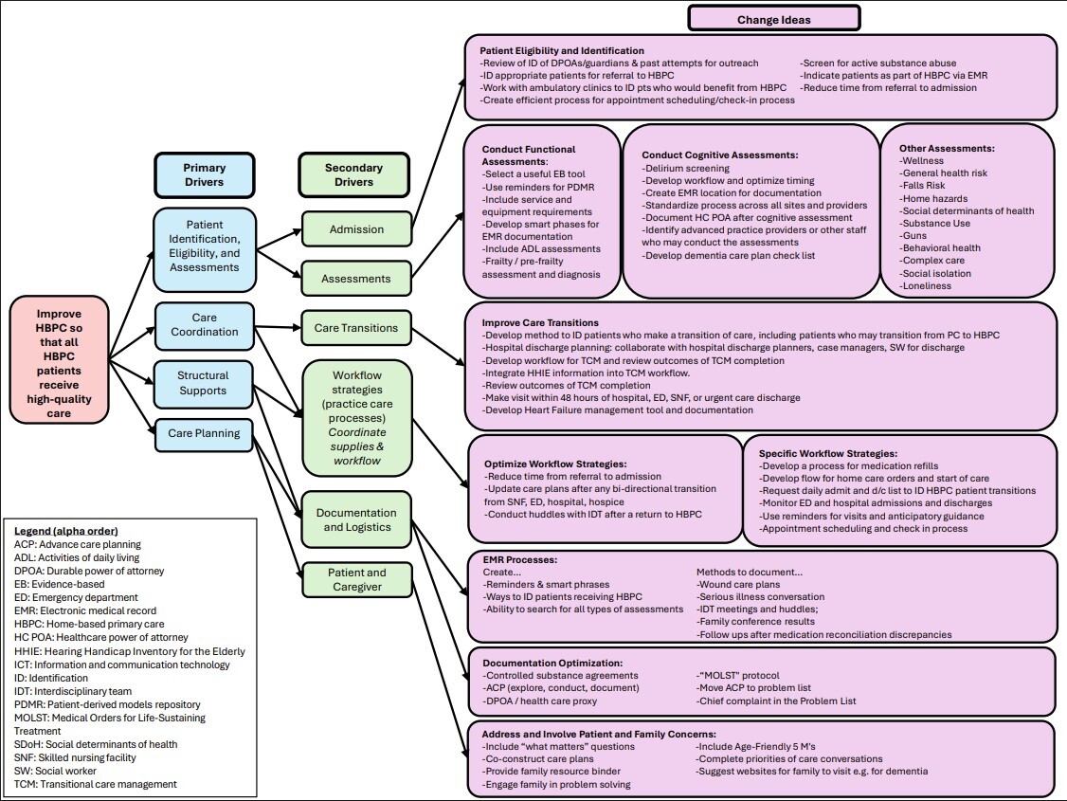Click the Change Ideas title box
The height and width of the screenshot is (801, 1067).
click(774, 18)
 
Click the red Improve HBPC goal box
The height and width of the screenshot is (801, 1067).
click(60, 358)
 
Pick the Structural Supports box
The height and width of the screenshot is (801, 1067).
click(203, 383)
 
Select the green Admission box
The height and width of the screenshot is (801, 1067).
click(357, 229)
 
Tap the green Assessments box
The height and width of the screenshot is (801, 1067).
click(357, 279)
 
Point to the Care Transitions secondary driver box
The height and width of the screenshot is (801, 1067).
click(357, 329)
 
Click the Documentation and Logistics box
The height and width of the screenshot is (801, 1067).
click(357, 519)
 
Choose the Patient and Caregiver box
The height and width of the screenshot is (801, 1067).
click(357, 580)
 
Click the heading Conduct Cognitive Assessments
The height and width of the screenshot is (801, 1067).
click(720, 155)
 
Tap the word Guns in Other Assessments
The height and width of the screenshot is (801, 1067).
click(914, 236)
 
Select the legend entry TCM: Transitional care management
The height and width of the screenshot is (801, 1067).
click(96, 784)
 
